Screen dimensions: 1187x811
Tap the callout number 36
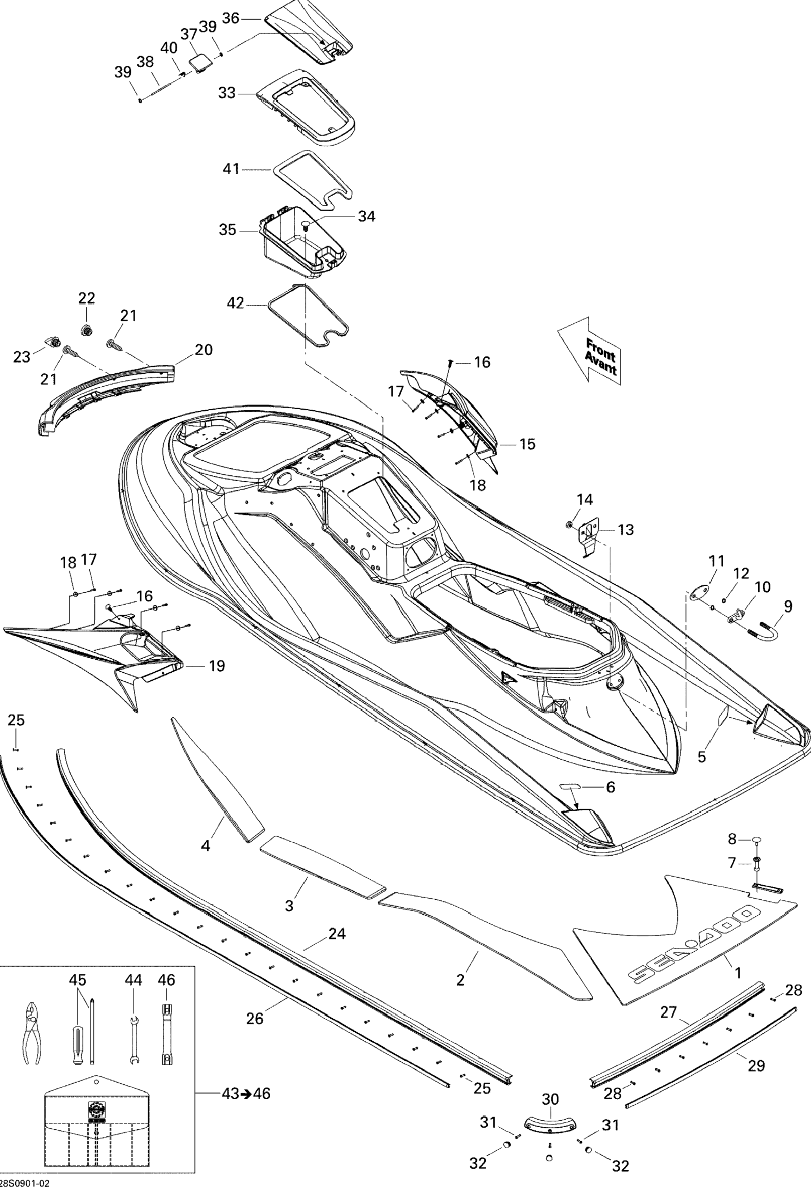(231, 18)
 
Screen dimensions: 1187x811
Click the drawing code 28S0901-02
(26, 1181)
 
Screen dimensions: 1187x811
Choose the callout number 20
(203, 350)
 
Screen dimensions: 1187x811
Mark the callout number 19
(217, 666)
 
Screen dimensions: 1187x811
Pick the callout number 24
(337, 934)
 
